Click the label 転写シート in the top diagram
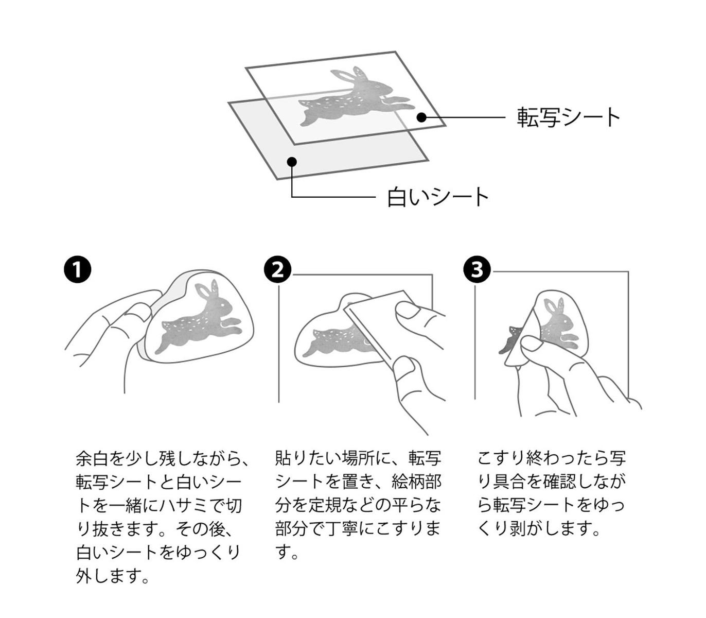(x=569, y=117)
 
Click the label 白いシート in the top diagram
(x=438, y=197)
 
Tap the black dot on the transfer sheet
(x=421, y=117)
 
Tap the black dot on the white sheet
(x=292, y=161)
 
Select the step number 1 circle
(x=77, y=269)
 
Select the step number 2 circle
(x=277, y=269)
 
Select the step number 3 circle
(x=476, y=269)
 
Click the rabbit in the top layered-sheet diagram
(x=355, y=98)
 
